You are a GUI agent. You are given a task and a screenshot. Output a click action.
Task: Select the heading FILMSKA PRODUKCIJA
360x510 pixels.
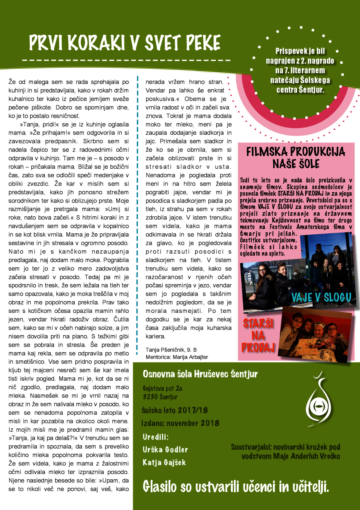point(296,152)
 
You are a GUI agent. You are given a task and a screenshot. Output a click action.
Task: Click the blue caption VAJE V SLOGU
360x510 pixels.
point(321,297)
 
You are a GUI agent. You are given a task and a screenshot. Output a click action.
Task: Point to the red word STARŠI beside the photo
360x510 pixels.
point(258,323)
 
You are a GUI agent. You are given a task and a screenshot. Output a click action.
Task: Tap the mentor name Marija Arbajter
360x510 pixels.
point(190,357)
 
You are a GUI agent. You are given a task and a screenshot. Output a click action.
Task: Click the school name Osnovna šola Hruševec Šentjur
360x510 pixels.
point(200,374)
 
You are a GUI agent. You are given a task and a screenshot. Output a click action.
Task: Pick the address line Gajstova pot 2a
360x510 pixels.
point(163,388)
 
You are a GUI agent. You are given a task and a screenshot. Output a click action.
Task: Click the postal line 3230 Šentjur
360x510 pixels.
point(160,397)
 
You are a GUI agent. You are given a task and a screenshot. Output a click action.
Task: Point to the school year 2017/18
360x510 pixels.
point(193,410)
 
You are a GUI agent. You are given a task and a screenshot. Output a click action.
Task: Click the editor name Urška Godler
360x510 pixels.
point(165,450)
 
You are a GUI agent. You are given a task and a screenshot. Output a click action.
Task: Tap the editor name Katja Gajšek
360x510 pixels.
point(164,462)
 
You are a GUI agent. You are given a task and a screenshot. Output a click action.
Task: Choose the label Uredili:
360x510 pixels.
point(156,437)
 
